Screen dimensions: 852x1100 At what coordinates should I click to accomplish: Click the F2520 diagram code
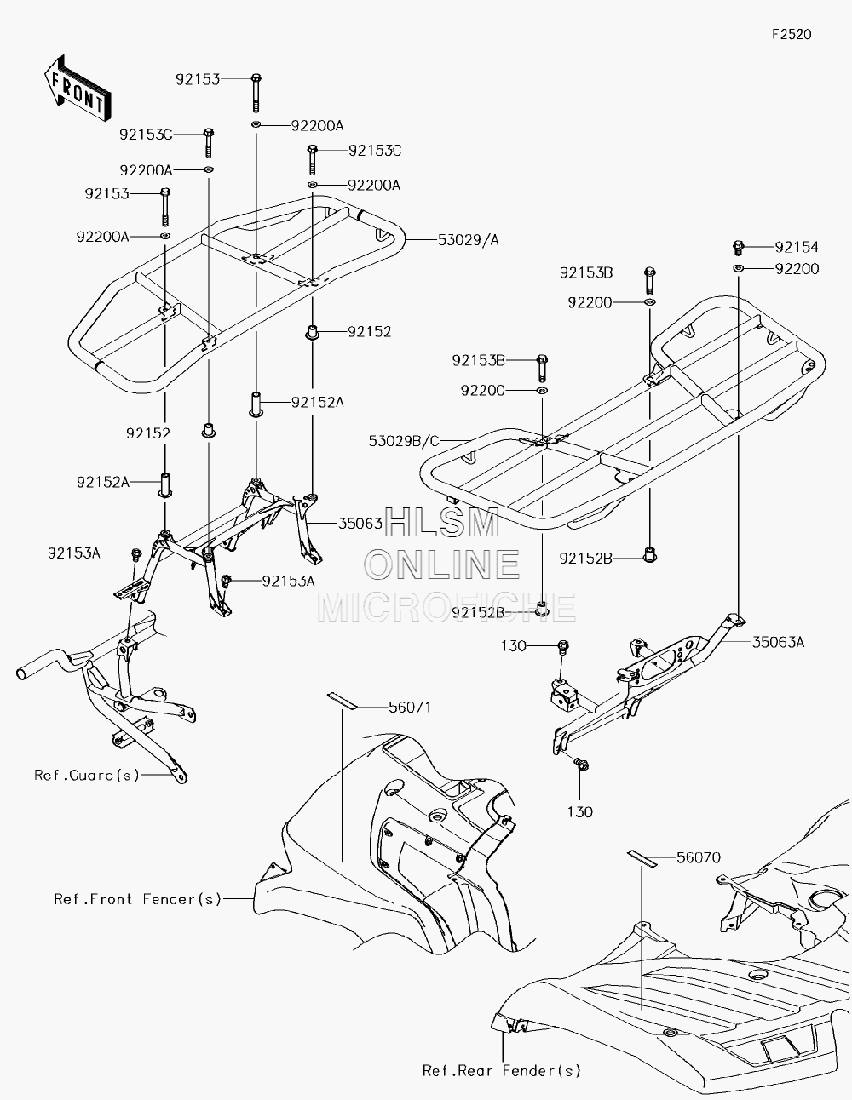[792, 34]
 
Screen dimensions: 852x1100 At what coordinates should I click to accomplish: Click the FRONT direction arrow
[78, 89]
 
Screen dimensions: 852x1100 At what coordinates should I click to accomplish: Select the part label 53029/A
[468, 240]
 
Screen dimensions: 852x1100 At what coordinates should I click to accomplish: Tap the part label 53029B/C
[404, 441]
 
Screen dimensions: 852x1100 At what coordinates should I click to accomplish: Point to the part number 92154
[797, 247]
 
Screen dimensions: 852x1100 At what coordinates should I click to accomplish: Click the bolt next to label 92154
[738, 248]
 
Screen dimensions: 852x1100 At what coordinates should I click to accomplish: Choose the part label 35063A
[778, 643]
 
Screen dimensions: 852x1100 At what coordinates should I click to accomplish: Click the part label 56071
[410, 708]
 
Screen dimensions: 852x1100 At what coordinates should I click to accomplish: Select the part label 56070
[699, 857]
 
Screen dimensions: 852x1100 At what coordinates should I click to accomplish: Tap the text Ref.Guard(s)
[87, 775]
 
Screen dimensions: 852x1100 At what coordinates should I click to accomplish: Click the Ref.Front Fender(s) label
[138, 899]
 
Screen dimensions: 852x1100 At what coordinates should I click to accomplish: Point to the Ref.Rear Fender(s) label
[502, 1071]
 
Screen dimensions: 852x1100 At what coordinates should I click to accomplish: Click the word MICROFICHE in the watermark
[446, 607]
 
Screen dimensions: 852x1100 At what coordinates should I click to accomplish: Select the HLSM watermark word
[441, 522]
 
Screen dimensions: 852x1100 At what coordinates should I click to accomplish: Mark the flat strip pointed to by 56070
[642, 858]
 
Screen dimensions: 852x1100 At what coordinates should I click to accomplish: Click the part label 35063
[360, 523]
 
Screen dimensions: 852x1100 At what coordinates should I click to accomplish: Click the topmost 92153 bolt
[256, 93]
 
